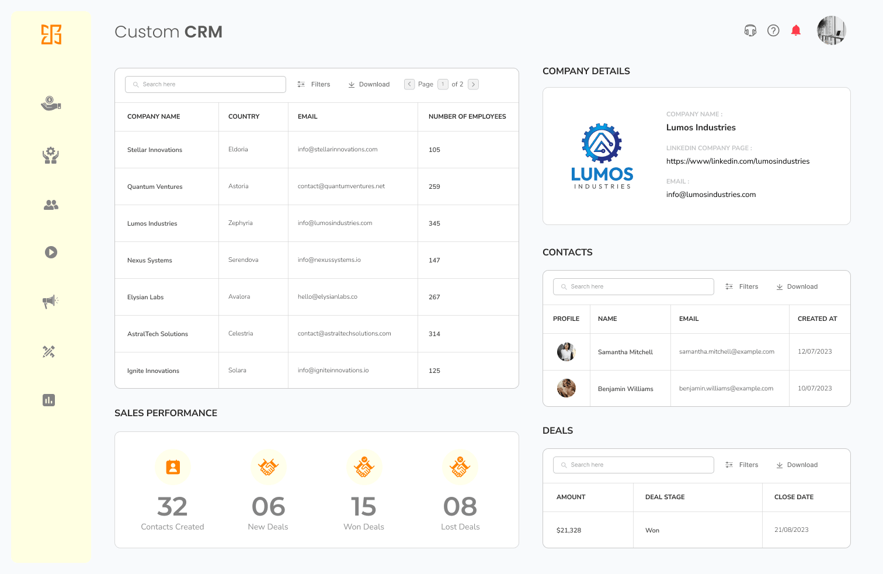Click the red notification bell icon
795,30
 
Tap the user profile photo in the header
831,30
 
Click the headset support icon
750,30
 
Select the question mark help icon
773,30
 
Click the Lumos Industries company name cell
152,223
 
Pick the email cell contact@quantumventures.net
341,186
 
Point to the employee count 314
434,334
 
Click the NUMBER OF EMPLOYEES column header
467,116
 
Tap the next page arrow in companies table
474,84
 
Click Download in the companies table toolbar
369,84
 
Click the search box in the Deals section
634,465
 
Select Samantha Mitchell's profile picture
566,352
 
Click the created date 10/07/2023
815,388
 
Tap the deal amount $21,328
569,530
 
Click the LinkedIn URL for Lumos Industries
738,161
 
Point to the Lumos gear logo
602,143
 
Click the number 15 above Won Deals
363,507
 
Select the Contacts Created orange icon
173,467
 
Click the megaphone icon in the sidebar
51,302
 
